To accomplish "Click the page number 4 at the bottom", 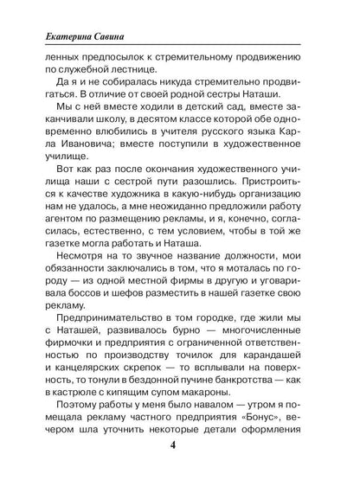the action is (180, 450).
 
